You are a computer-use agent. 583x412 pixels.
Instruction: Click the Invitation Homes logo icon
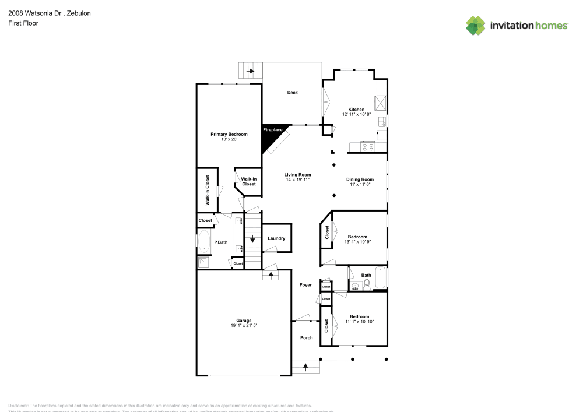tap(475, 25)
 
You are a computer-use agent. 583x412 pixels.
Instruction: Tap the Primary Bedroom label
tap(229, 134)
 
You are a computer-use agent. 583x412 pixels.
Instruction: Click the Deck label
tap(292, 93)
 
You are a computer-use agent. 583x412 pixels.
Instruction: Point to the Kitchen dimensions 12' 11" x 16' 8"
tap(356, 114)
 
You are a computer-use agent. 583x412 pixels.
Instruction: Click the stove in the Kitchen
tap(368, 147)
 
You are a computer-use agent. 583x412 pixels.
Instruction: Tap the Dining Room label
tap(360, 179)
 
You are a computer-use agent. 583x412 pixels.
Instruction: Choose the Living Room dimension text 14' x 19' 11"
tap(297, 179)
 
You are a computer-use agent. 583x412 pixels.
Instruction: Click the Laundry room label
tap(276, 238)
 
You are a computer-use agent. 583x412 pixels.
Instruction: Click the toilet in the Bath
tap(367, 284)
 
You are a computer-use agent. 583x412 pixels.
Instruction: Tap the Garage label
tap(244, 321)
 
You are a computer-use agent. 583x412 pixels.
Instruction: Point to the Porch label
tap(306, 338)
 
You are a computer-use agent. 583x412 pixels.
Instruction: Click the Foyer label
tap(305, 285)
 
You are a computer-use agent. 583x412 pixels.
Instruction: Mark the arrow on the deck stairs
tap(251, 71)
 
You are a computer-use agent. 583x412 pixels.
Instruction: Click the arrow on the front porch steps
tap(305, 367)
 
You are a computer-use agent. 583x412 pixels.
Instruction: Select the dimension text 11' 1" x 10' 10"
tap(359, 321)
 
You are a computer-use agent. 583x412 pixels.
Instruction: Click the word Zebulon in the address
tap(79, 13)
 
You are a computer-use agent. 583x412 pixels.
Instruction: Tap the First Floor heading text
tap(23, 23)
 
